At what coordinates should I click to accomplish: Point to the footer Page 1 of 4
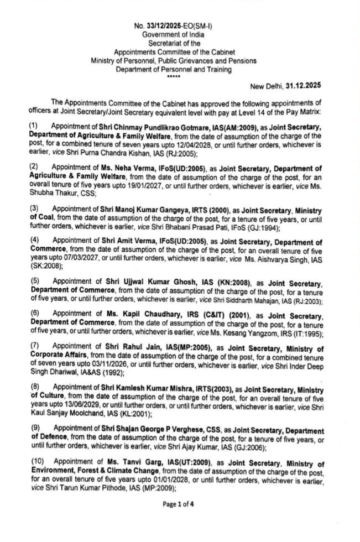coord(180,519)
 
